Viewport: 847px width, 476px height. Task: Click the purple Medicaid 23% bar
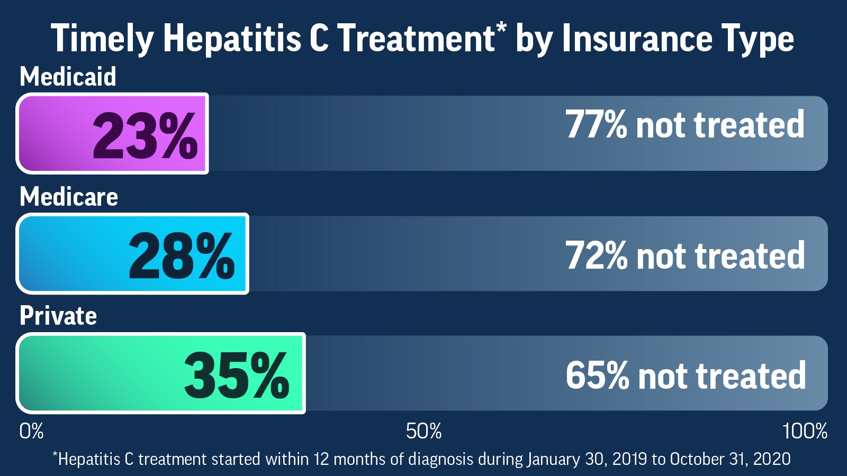coord(112,133)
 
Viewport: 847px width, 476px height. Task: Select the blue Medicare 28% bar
coord(132,254)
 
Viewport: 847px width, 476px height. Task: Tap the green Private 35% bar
coord(161,373)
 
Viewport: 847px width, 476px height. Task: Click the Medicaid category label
coord(68,77)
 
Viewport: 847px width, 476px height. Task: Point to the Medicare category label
coord(69,197)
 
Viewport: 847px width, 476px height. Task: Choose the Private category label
coord(58,316)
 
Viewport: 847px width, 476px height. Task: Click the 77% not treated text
coord(685,125)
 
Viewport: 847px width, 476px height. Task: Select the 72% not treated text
coord(685,256)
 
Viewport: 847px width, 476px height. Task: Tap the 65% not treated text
coord(686,376)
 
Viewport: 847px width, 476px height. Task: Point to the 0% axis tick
coord(31,431)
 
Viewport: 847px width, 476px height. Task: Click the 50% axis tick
coord(424,431)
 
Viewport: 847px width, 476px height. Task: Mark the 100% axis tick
coord(805,431)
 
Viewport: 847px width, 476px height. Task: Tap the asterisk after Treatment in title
coord(501,28)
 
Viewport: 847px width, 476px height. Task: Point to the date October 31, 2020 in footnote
coord(730,459)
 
